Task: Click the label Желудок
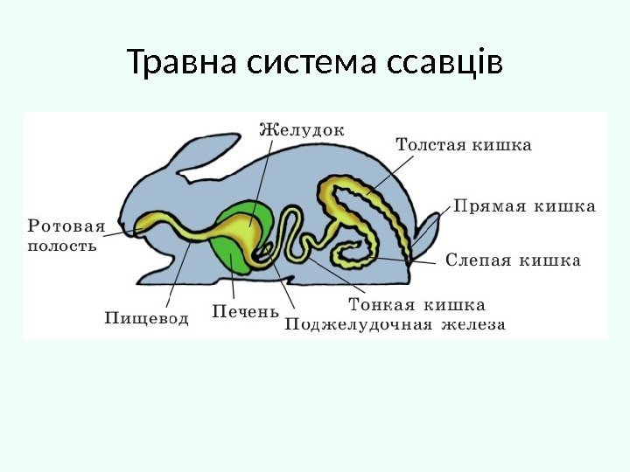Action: (303, 129)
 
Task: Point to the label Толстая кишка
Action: (464, 144)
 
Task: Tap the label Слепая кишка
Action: (513, 260)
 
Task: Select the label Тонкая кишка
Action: (416, 305)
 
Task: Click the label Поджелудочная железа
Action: (395, 325)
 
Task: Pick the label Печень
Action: (245, 311)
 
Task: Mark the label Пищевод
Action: (147, 318)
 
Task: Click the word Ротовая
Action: (66, 226)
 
